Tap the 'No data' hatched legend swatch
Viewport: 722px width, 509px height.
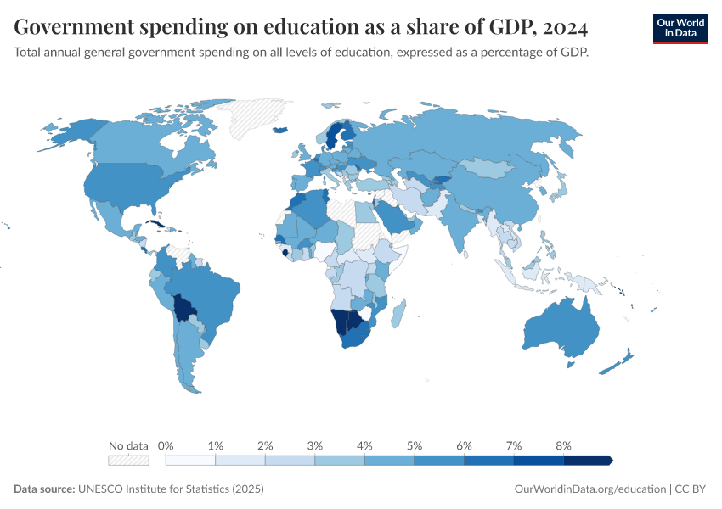(128, 460)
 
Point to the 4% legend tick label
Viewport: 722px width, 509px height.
(364, 445)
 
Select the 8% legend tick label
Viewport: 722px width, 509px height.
(563, 445)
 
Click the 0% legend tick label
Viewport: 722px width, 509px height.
(166, 445)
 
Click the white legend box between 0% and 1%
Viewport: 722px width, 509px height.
(190, 460)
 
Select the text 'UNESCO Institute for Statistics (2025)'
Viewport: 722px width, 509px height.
(171, 489)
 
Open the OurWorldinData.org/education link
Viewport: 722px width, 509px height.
(590, 489)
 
